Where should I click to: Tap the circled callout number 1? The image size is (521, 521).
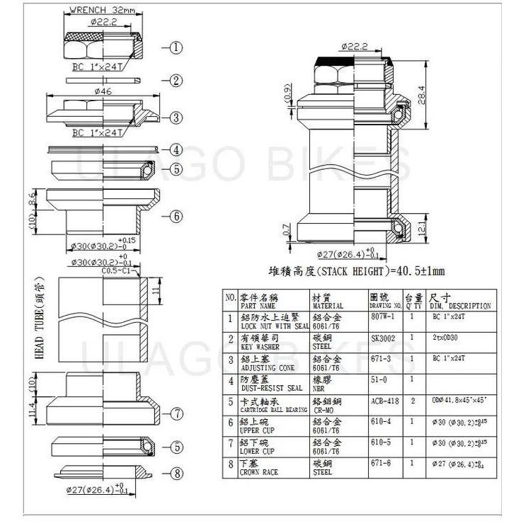176,48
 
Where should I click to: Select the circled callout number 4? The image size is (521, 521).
176,150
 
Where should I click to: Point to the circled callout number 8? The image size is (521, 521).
176,474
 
